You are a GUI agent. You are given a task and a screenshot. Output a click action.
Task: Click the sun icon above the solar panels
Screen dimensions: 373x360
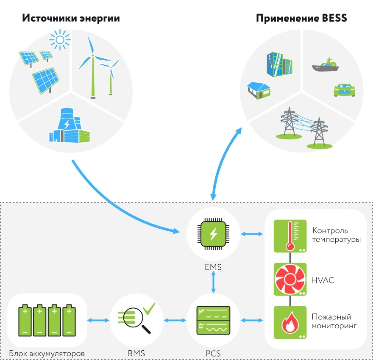[60, 40]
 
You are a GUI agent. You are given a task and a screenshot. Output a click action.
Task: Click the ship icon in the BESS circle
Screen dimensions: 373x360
[326, 65]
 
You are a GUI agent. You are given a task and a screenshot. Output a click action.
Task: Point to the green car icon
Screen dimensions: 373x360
[345, 90]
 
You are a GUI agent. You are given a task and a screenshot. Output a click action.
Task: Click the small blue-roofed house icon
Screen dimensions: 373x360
[259, 91]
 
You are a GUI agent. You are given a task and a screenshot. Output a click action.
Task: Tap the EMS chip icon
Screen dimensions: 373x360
[213, 234]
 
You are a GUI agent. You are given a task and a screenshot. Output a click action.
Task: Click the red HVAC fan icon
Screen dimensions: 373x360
[290, 279]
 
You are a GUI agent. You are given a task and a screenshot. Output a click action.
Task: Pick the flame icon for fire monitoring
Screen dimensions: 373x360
[290, 322]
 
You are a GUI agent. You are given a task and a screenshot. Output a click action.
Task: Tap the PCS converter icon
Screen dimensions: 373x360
[213, 320]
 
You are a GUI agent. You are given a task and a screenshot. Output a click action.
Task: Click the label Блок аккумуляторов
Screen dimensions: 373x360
[47, 354]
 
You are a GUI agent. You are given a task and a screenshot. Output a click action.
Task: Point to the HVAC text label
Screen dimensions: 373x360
[323, 280]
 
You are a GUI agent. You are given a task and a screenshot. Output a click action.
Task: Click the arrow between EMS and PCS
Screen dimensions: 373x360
[213, 282]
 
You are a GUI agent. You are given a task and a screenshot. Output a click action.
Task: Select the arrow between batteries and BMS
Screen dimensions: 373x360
[98, 320]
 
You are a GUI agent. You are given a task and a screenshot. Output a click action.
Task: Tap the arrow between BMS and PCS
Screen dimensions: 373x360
[175, 320]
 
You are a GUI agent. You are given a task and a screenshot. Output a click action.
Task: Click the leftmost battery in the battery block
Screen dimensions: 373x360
[25, 320]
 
